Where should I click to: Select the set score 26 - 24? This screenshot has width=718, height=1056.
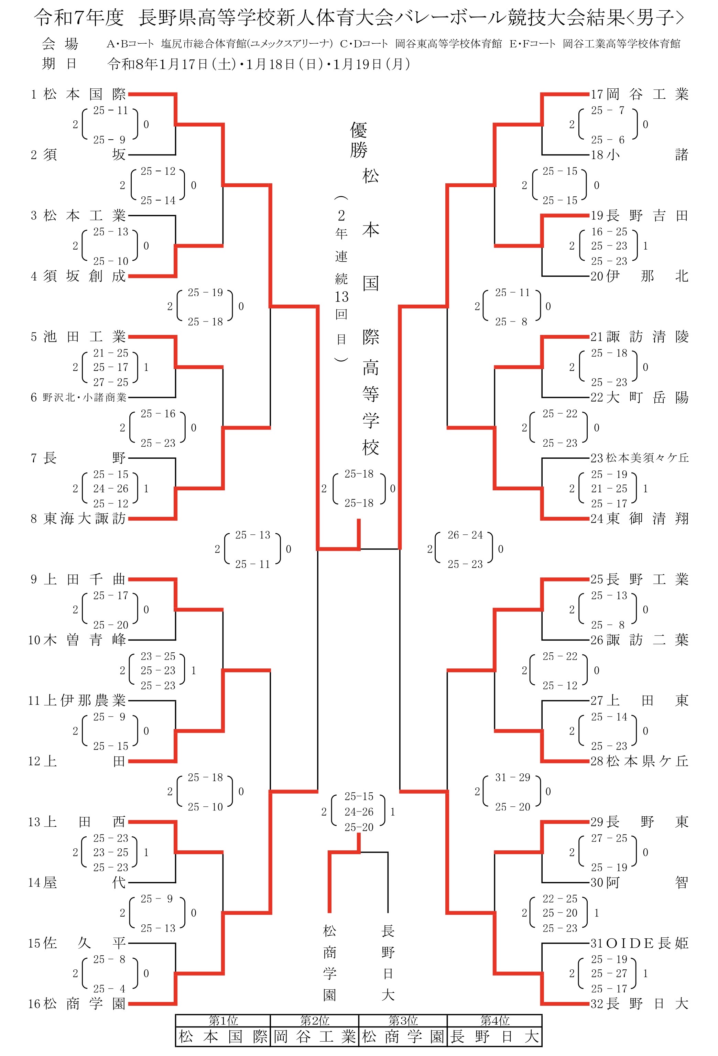coord(465,535)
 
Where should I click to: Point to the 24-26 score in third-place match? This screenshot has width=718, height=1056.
coord(359,812)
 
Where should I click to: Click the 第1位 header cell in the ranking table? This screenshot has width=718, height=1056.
coord(223,1021)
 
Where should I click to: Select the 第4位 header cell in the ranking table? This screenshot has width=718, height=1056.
coord(494,1021)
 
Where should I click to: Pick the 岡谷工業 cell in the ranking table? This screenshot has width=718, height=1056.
coord(314,1036)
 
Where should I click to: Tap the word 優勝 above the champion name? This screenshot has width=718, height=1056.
coord(359,140)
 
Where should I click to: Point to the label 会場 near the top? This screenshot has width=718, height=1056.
coord(59,44)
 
